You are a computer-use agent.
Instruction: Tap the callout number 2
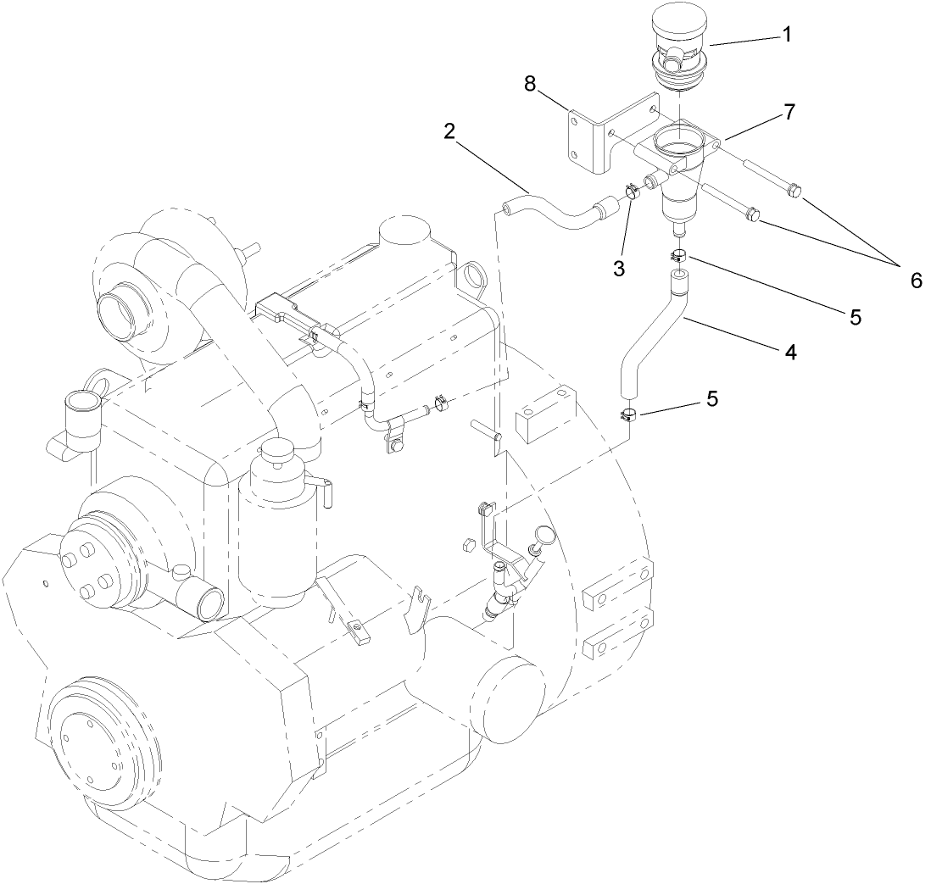pyautogui.click(x=449, y=131)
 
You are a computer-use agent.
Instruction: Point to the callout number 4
pyautogui.click(x=790, y=353)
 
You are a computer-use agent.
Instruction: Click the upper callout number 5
pyautogui.click(x=855, y=317)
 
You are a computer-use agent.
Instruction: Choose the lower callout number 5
pyautogui.click(x=712, y=398)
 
